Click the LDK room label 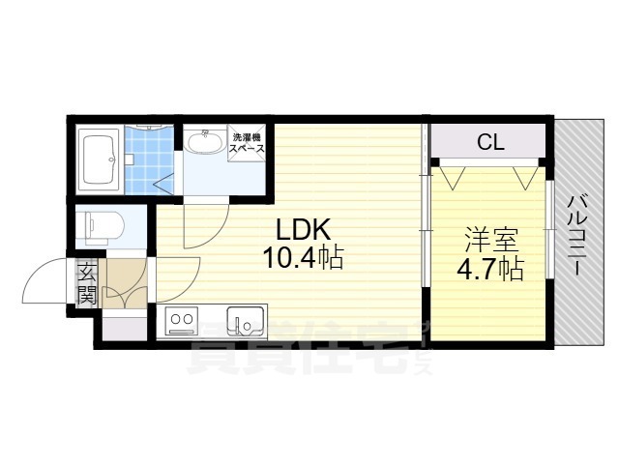tap(303, 229)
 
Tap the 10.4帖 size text tap(303, 257)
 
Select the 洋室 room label tap(491, 240)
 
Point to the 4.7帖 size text tap(490, 269)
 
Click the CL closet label tap(490, 142)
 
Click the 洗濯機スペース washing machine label tap(248, 143)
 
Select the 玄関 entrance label tap(86, 282)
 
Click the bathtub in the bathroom tap(99, 159)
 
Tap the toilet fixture tap(104, 226)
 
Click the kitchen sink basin tap(245, 322)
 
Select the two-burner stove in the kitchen tap(181, 320)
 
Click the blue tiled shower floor tap(149, 159)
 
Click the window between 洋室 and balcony tap(549, 230)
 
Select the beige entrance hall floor tap(125, 283)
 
